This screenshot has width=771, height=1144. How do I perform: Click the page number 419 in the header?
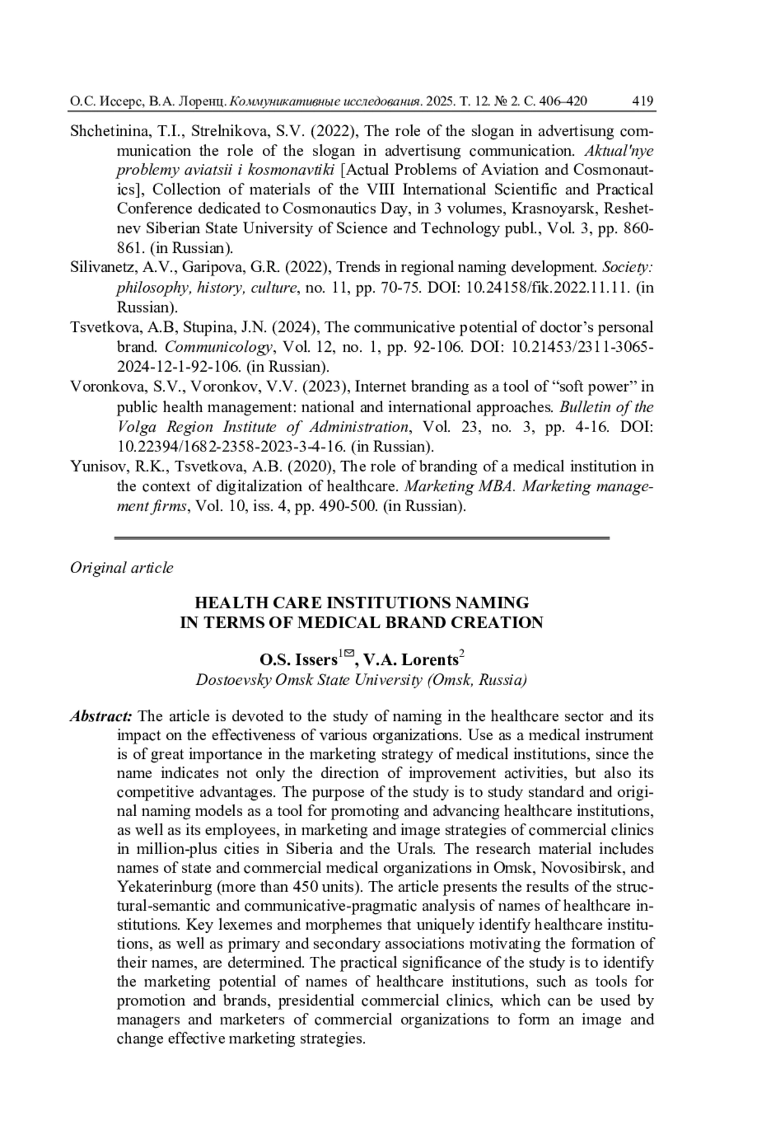(x=642, y=101)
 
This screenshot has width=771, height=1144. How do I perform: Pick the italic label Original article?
(x=121, y=568)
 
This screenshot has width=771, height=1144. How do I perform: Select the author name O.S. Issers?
(x=298, y=660)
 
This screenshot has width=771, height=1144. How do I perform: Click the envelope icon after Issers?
(x=349, y=654)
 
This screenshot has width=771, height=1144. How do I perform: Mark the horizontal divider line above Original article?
(x=361, y=537)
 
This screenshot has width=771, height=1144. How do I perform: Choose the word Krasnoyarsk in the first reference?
(x=552, y=208)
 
